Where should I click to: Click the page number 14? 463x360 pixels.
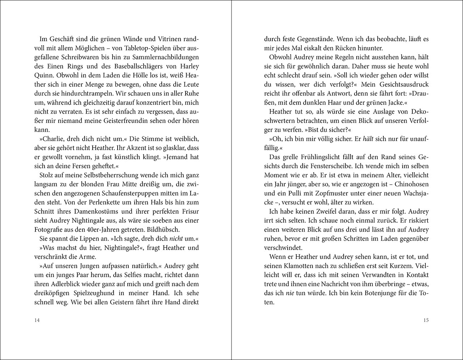point(37,320)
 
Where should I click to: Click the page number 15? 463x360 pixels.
point(426,320)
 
